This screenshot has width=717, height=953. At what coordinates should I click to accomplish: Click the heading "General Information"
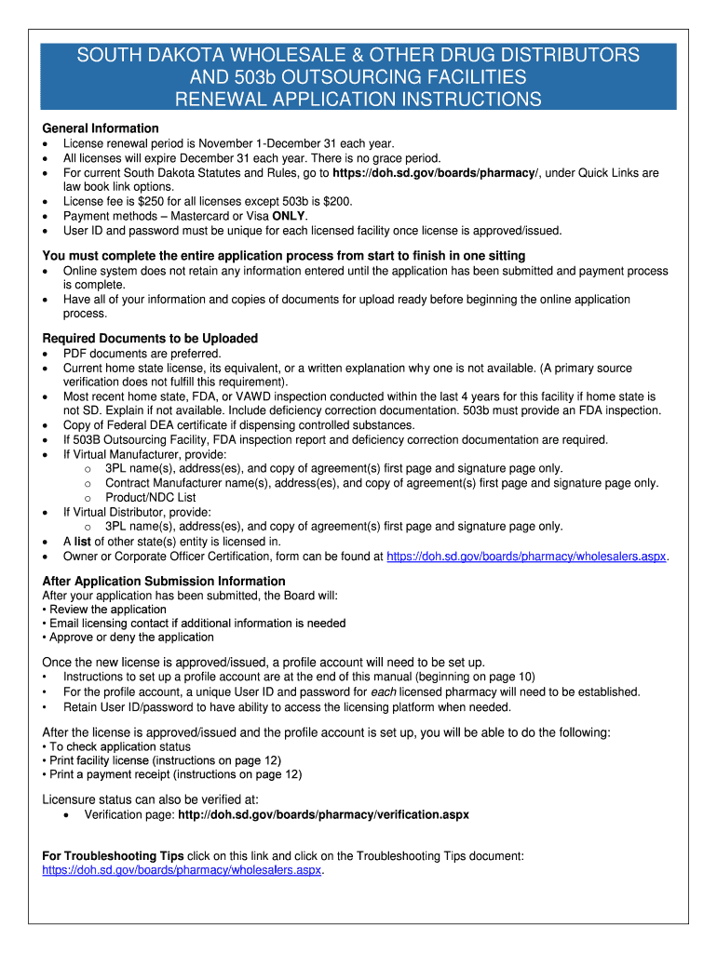coord(101,128)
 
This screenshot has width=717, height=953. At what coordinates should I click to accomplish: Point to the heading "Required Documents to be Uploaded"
coord(150,339)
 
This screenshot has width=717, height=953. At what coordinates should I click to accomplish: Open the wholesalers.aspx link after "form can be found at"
coord(526,557)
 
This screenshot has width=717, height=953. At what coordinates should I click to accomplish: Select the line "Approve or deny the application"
coord(131,638)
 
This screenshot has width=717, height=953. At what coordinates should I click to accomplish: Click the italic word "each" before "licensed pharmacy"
coord(384,692)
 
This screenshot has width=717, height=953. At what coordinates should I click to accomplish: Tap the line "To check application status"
coord(119,746)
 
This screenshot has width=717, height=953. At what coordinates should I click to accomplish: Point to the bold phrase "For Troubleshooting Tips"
coord(114,855)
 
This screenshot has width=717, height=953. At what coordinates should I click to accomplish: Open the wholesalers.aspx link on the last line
coord(182,870)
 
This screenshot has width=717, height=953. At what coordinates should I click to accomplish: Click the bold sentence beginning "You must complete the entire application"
coord(284,256)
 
